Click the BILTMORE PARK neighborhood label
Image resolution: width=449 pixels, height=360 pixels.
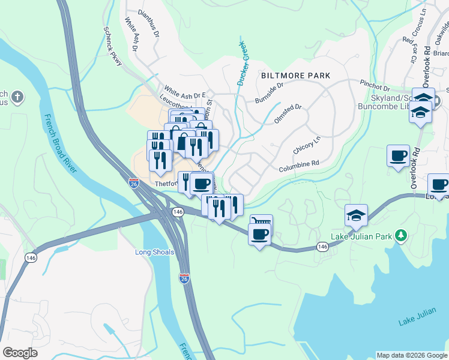click(x=295, y=76)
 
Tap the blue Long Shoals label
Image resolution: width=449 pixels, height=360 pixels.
click(x=154, y=252)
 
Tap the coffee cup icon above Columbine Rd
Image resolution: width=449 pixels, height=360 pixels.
click(x=398, y=156)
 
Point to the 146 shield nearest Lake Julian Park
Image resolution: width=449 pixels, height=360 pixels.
click(x=322, y=247)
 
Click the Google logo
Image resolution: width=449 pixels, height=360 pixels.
click(x=20, y=353)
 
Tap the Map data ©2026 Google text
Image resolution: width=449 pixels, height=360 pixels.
click(x=411, y=355)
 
